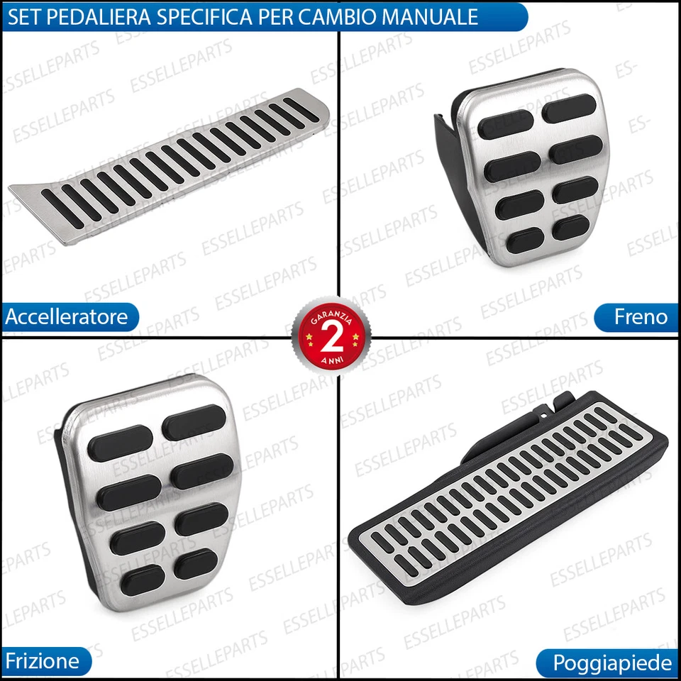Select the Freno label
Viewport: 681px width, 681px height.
pos(641,316)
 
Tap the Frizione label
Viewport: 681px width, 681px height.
pos(43,661)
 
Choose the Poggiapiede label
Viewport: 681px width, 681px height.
pos(611,663)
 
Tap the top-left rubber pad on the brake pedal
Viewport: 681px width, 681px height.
pos(505,124)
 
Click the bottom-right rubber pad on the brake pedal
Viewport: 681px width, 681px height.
pos(571,227)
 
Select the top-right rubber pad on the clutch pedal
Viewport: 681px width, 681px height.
pos(193,422)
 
